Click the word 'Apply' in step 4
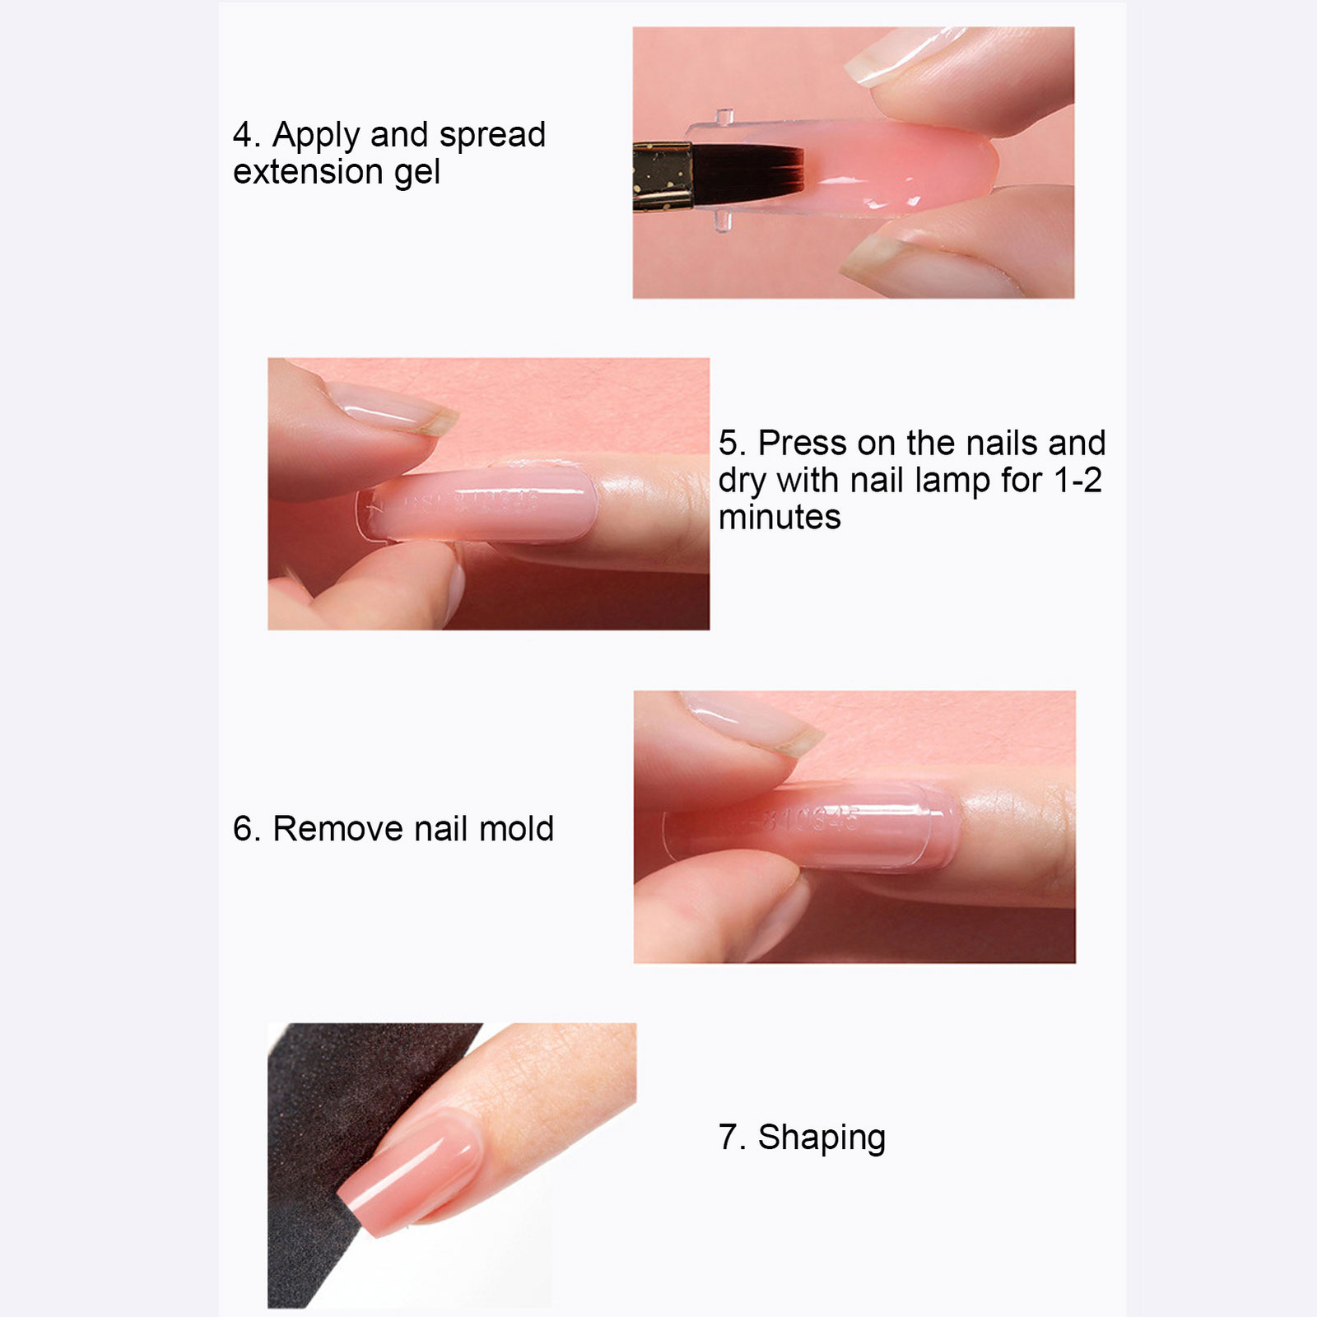(x=317, y=136)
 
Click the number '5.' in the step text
(x=732, y=444)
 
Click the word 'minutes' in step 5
(x=779, y=518)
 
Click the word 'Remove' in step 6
(x=338, y=829)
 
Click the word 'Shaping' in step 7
(x=821, y=1138)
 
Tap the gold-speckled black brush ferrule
(x=661, y=176)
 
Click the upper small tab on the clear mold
(x=724, y=117)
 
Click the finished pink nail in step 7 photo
(x=412, y=1169)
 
